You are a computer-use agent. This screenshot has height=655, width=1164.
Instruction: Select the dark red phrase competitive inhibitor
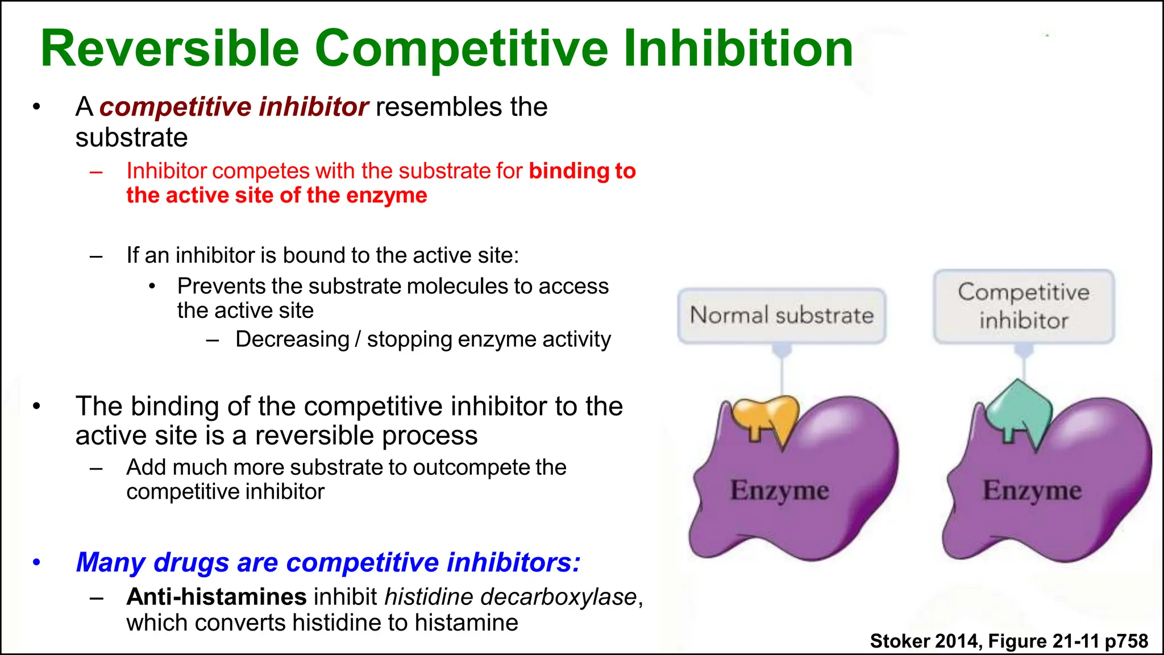234,107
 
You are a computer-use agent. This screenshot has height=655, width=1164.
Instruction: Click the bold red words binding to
582,171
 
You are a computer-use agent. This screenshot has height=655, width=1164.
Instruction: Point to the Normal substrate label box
781,316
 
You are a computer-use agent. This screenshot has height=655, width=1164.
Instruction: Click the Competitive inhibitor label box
1024,306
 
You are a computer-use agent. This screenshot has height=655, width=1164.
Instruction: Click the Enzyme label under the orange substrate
779,490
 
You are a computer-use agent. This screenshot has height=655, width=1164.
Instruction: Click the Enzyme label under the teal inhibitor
1032,490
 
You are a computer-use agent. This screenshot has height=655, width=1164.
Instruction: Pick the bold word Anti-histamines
217,597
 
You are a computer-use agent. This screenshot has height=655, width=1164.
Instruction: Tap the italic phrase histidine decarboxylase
510,597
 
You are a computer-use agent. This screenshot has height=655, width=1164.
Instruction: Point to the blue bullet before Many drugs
37,563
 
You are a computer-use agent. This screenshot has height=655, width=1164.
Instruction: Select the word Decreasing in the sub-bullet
292,339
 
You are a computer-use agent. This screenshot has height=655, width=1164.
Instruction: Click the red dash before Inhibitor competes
96,172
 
